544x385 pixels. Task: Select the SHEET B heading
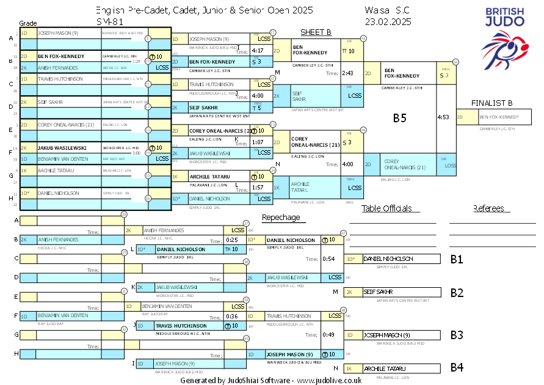(x=316, y=32)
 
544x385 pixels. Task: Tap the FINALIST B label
(x=491, y=103)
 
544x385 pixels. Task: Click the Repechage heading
(x=281, y=218)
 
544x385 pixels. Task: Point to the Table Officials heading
(x=386, y=208)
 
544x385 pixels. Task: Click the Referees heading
(x=488, y=208)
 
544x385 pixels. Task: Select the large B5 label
(x=399, y=118)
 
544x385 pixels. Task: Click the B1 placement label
(x=457, y=259)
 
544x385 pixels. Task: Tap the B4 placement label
(x=457, y=368)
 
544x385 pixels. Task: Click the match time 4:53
(x=444, y=116)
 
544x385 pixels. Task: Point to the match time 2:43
(x=348, y=73)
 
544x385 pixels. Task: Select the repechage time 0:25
(x=232, y=240)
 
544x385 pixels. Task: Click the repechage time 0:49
(x=329, y=334)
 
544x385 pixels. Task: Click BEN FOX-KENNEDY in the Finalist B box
(x=499, y=117)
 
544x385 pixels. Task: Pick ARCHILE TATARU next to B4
(x=385, y=369)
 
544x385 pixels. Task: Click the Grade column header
(x=29, y=22)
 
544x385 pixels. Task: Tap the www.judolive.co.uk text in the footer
(x=330, y=380)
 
